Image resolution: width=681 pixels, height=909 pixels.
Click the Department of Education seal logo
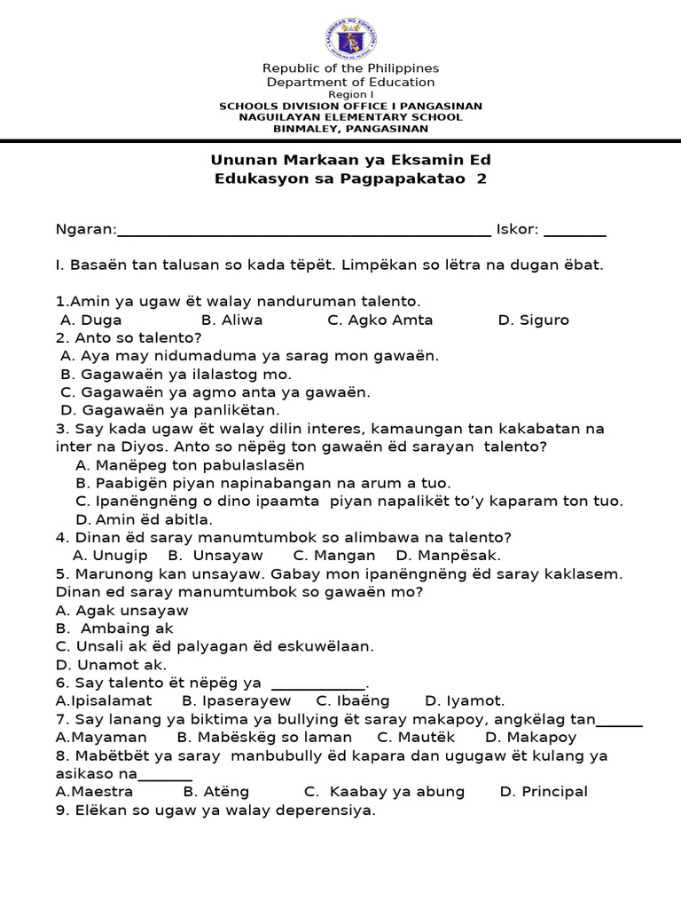point(350,40)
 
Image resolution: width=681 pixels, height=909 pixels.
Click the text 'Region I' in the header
point(351,94)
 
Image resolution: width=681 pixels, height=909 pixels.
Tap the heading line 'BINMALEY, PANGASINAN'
point(351,129)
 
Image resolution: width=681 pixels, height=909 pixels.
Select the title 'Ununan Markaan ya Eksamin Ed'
point(350,160)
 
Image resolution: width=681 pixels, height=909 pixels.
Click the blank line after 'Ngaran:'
point(303,233)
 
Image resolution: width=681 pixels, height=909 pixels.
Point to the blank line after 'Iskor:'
point(575,233)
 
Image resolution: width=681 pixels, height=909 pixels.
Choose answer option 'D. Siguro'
point(533,320)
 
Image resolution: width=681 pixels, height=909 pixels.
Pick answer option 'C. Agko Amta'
point(380,320)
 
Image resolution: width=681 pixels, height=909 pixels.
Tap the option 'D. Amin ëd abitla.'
point(145,519)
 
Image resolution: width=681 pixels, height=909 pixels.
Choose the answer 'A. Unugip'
point(110,556)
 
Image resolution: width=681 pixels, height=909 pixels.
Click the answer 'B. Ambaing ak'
point(114,628)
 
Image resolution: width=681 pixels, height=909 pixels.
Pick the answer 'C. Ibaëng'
point(353,701)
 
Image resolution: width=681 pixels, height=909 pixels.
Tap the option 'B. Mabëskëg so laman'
point(264,738)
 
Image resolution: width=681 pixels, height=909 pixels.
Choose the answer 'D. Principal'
point(544,792)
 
